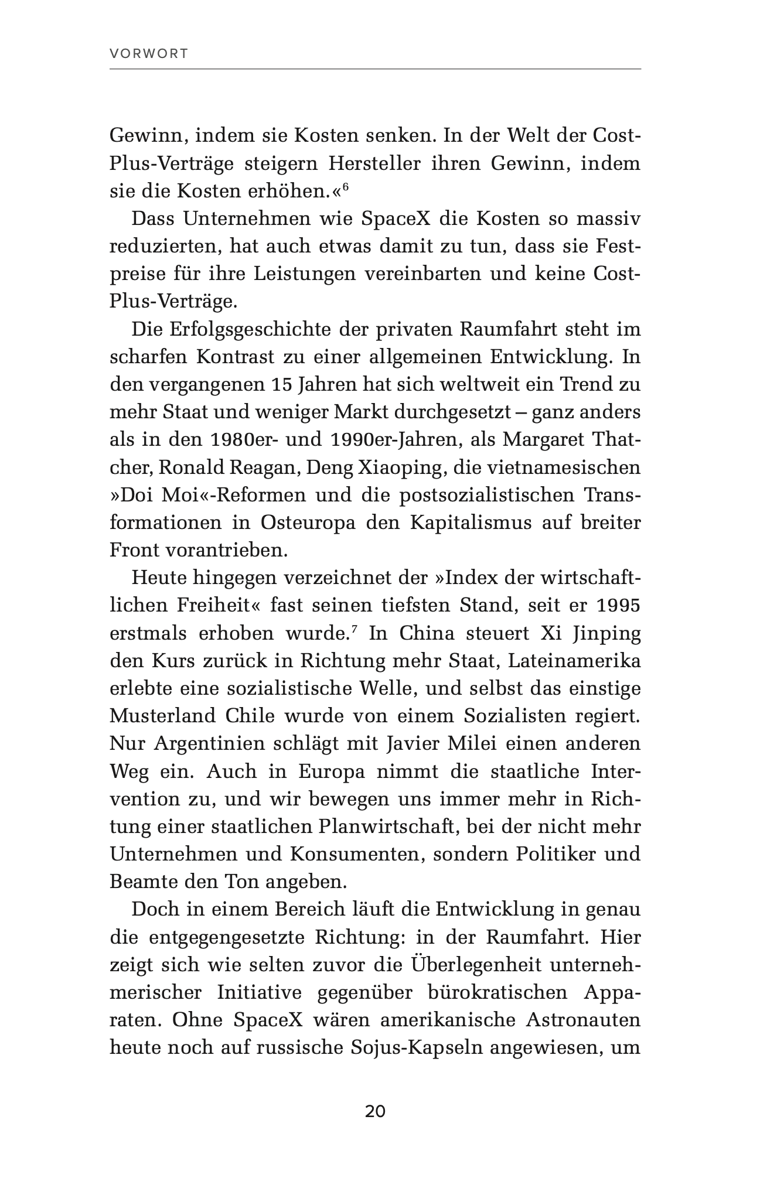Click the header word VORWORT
coord(149,54)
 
